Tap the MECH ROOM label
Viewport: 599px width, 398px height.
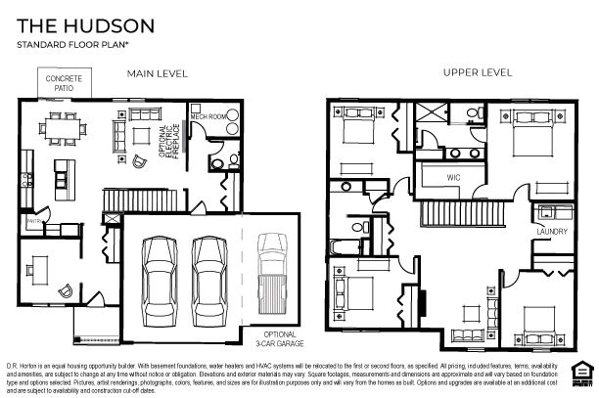(207, 116)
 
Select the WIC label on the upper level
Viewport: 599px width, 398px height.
(453, 177)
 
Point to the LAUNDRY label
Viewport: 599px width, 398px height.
(552, 232)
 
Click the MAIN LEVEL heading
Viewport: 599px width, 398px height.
(157, 73)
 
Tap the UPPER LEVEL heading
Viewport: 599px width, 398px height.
(477, 73)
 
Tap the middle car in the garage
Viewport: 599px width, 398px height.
(207, 276)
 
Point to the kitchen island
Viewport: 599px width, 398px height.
(66, 174)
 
